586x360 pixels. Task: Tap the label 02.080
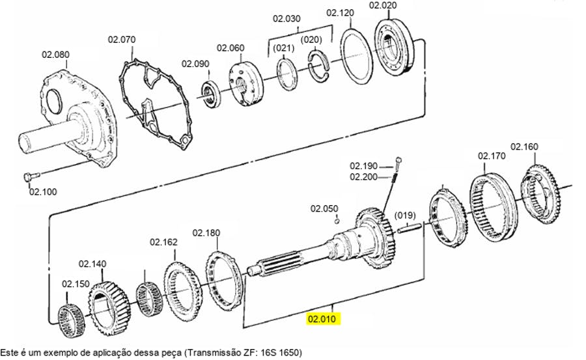55,55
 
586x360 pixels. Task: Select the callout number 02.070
122,39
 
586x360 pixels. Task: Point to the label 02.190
363,166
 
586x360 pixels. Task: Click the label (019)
406,215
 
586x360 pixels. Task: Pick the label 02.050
324,208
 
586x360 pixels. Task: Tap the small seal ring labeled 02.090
212,94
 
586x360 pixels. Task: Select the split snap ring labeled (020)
319,66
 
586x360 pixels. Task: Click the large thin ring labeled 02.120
356,57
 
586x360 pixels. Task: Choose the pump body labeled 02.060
245,85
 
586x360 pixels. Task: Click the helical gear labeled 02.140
109,309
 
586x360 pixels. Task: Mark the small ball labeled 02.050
337,221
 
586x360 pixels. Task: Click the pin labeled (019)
410,228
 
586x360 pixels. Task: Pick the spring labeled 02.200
393,178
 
